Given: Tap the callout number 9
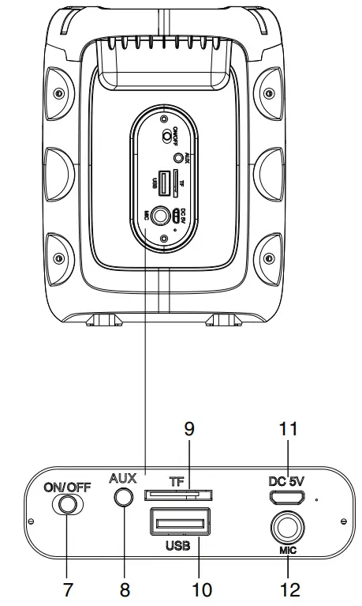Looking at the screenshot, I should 189,429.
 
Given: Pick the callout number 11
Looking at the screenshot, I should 287,429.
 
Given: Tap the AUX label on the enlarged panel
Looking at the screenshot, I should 123,478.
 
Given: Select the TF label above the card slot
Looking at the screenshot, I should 177,481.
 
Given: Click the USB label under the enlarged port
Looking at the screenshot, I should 177,545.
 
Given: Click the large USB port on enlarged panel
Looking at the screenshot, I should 177,522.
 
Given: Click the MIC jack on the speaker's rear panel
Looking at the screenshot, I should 162,213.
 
